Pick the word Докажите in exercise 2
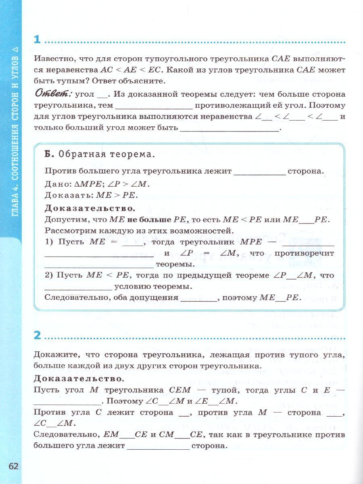[x=54, y=355]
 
